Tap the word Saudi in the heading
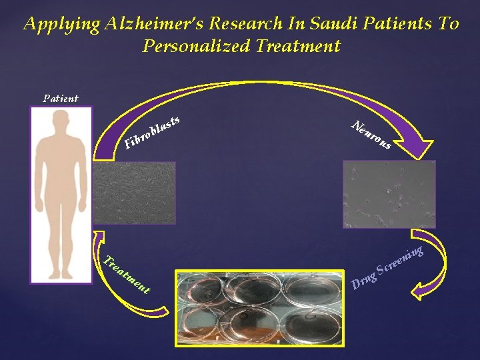click(x=324, y=24)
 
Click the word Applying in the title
click(x=60, y=24)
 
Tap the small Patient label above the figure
click(x=60, y=98)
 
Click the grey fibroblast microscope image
click(x=134, y=193)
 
